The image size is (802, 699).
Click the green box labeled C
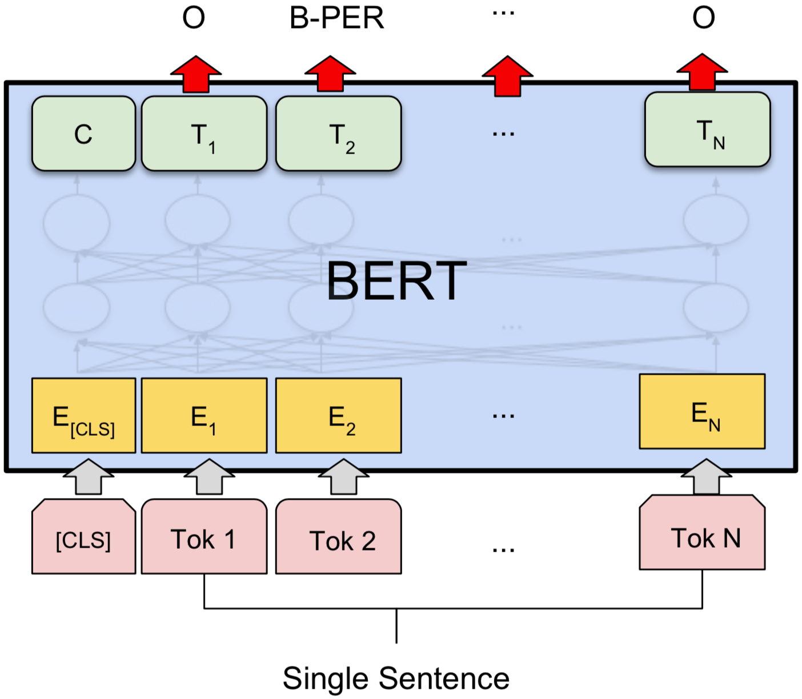[x=83, y=134]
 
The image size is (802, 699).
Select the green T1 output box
[x=204, y=134]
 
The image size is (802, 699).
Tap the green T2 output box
[x=338, y=134]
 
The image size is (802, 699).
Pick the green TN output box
[x=707, y=130]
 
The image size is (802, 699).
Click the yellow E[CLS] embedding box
[x=83, y=416]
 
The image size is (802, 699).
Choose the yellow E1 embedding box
[x=204, y=416]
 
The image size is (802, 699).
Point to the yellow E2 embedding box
[x=338, y=416]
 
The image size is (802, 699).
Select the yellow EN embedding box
[x=702, y=411]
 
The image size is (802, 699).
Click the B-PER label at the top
[x=336, y=18]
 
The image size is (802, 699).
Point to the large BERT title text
[x=396, y=281]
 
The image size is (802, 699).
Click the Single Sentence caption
[x=396, y=678]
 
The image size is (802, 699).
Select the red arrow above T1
[x=196, y=74]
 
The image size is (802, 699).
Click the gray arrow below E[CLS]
[x=88, y=477]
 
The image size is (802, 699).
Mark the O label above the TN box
[x=703, y=18]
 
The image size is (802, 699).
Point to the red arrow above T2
[x=330, y=74]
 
